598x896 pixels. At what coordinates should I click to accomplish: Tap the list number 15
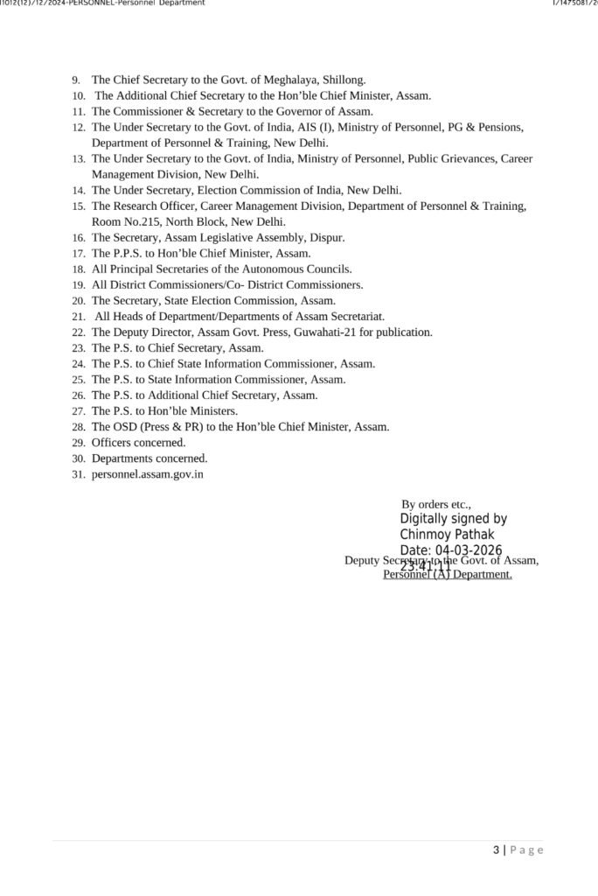pos(79,206)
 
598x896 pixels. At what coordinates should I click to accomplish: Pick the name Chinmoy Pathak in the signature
pos(447,534)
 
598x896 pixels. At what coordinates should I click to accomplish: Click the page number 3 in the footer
pos(497,850)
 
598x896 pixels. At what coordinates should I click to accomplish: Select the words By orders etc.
pos(436,505)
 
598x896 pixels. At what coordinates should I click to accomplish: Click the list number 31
pos(79,474)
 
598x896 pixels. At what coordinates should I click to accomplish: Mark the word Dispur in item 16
pos(328,238)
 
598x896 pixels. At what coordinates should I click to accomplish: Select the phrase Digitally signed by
pos(453,519)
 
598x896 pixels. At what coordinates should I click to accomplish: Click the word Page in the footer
pos(527,850)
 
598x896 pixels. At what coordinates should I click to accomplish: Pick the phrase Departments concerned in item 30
pos(149,458)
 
